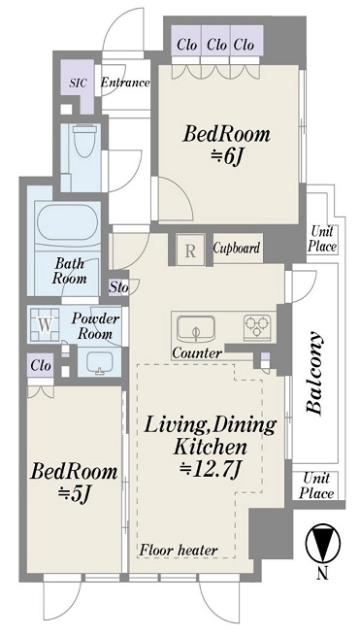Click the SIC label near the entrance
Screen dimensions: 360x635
click(x=78, y=84)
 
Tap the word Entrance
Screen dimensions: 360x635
click(x=125, y=83)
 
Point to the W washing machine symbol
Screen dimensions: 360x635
click(x=46, y=325)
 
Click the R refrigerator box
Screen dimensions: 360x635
click(x=190, y=251)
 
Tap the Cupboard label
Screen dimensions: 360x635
click(x=237, y=248)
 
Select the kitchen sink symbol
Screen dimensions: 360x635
click(x=197, y=328)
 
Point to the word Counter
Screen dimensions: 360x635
click(x=197, y=353)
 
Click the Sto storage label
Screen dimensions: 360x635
click(x=119, y=288)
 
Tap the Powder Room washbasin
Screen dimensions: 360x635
click(x=99, y=360)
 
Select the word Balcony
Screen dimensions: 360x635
click(x=314, y=373)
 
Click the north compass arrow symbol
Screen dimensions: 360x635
click(x=323, y=543)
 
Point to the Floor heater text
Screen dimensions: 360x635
click(x=179, y=551)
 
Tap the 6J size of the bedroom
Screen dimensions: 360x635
click(x=226, y=156)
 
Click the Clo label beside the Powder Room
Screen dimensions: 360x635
click(x=41, y=366)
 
